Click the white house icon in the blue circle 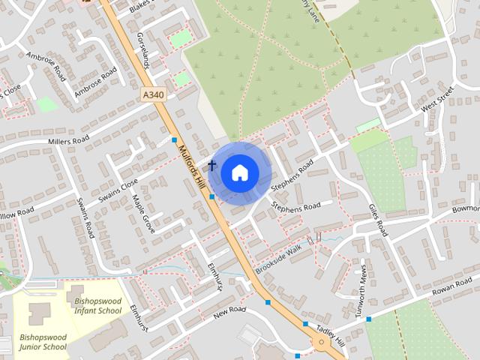(x=238, y=172)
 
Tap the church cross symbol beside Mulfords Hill (x=212, y=165)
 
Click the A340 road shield (x=152, y=95)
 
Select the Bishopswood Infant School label (x=97, y=305)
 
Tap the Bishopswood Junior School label (x=43, y=342)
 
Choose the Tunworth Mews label (x=361, y=283)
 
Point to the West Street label (x=438, y=100)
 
